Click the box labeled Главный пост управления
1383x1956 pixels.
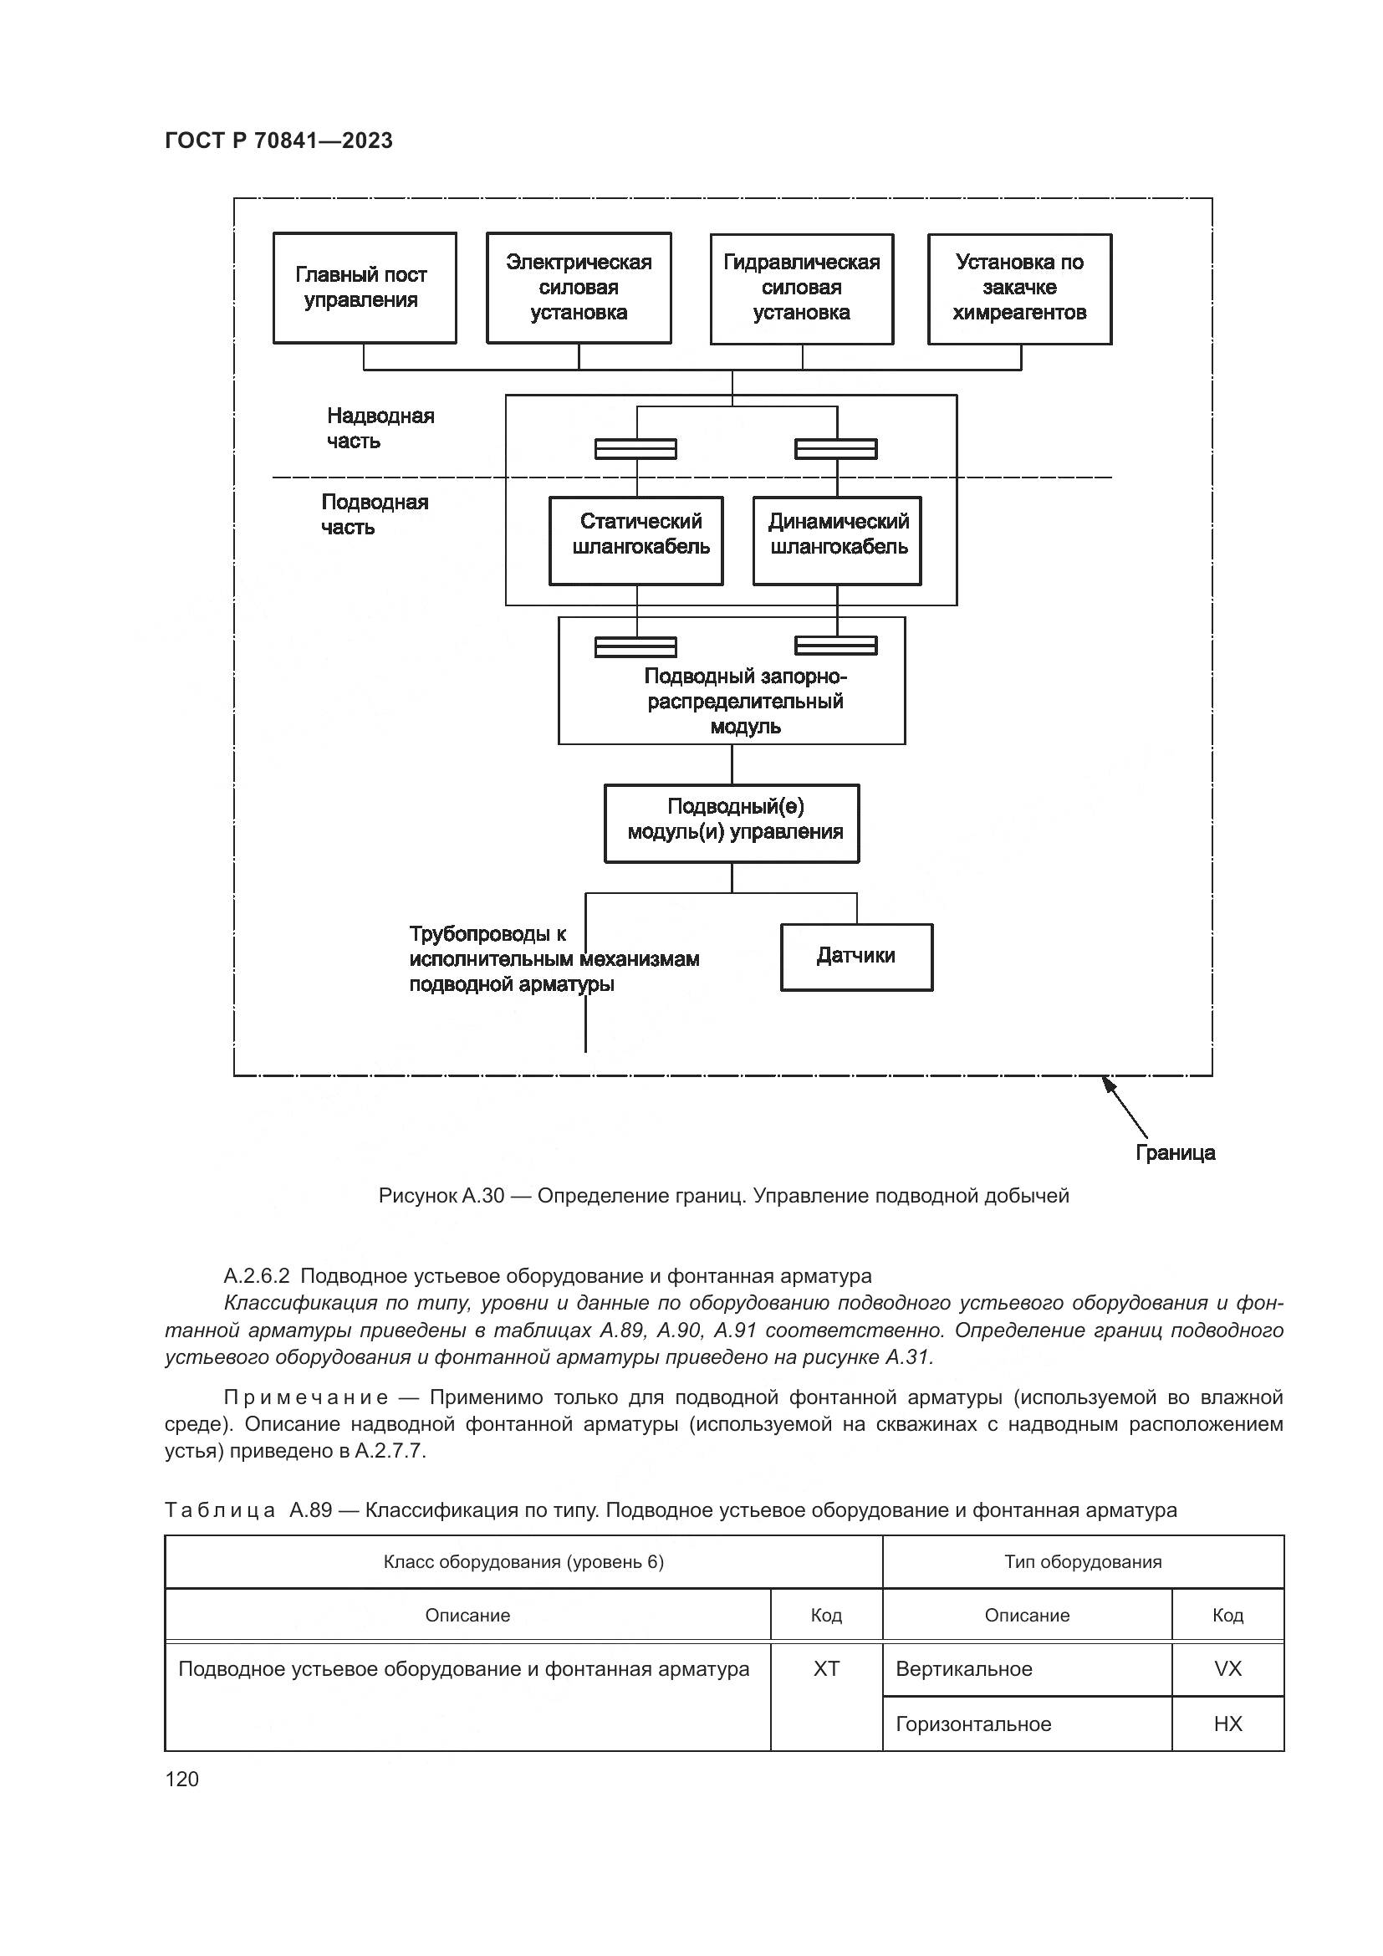pos(365,288)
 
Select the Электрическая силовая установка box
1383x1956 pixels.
pos(579,288)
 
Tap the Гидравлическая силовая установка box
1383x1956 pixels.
pos(801,288)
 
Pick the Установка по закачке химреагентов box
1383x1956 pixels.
pos(1019,288)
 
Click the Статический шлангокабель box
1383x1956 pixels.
pos(636,540)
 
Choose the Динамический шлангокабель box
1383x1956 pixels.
pos(837,540)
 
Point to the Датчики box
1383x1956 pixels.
pos(857,957)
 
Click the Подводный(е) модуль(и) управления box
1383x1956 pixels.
pos(732,822)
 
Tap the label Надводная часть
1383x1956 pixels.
pos(380,427)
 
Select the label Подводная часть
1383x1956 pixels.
pos(375,513)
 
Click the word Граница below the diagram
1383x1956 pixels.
pos(1175,1152)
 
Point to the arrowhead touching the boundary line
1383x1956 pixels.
pos(1108,1083)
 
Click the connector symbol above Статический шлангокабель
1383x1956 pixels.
pos(635,448)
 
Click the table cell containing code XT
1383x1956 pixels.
pos(826,1668)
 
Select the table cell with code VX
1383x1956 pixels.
pos(1227,1668)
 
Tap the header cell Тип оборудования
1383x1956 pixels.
pos(1082,1561)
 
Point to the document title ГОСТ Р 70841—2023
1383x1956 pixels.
pos(278,140)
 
